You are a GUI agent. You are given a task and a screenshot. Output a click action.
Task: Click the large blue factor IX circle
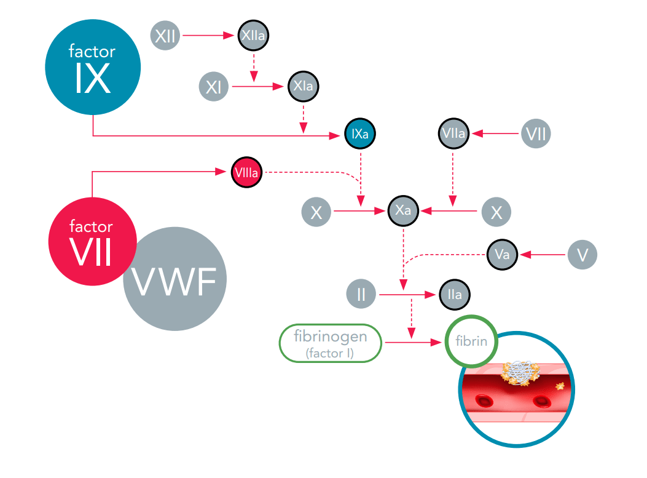[93, 67]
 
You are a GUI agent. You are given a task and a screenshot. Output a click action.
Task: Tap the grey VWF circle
[174, 279]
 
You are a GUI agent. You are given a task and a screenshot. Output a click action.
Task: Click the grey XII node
[165, 36]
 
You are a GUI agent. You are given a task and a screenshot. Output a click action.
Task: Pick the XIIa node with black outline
[253, 36]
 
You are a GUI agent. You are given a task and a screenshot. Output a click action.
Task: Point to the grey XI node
[213, 87]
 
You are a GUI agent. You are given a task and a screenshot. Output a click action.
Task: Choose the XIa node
[304, 87]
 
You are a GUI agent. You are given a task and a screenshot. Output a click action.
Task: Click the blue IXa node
[359, 134]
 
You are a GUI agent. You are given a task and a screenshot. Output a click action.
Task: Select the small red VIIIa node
[247, 172]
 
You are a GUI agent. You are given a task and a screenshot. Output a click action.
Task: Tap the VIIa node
[454, 133]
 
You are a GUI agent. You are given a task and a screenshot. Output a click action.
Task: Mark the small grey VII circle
[536, 133]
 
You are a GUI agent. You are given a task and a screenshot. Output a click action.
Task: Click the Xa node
[403, 211]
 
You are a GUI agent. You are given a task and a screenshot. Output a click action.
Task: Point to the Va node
[502, 254]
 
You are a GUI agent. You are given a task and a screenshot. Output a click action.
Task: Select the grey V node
[582, 254]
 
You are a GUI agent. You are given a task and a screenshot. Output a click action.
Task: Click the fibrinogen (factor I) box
[331, 343]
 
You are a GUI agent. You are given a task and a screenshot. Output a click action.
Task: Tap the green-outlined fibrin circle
[471, 340]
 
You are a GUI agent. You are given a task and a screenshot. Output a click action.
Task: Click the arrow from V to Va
[541, 254]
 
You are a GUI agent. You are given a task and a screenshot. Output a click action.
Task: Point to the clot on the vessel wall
[520, 373]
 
